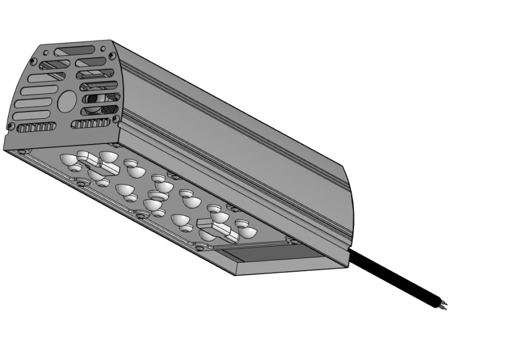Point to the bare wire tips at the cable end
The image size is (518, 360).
point(443,306)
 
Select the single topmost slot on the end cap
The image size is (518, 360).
point(74,51)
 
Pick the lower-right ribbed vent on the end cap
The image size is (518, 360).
point(90,123)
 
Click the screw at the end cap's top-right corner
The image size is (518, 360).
point(111,55)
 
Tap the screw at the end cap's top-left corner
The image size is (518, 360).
point(33,61)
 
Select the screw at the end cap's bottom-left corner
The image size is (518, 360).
point(10,126)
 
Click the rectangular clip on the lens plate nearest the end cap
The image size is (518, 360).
point(97,162)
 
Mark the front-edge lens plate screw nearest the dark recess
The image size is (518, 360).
point(199,247)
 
